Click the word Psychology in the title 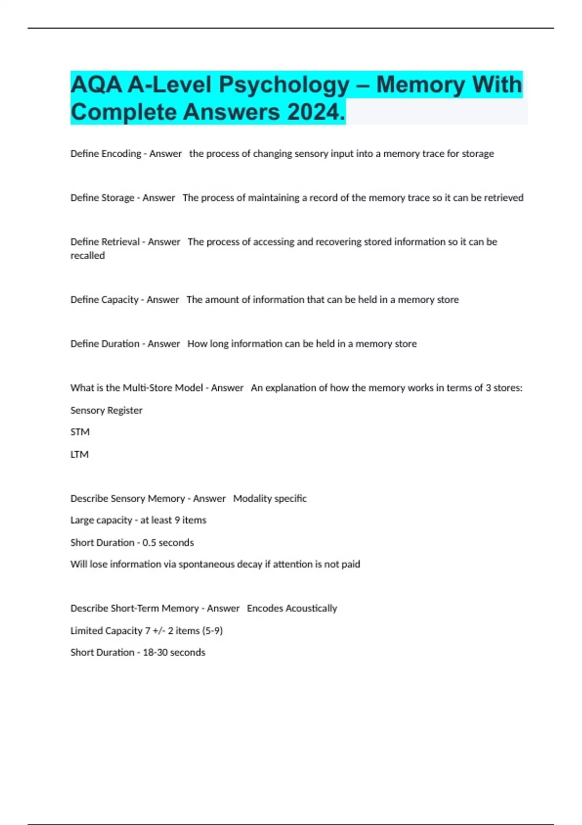click(284, 85)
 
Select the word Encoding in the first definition click(120, 154)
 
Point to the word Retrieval click(120, 242)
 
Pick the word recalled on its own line click(87, 256)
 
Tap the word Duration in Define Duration click(119, 344)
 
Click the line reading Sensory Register click(106, 411)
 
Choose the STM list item click(80, 432)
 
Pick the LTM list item click(80, 455)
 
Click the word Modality click(250, 499)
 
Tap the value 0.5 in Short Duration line click(149, 543)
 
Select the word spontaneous click(207, 564)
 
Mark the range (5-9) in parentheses click(212, 631)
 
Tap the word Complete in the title click(124, 112)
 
